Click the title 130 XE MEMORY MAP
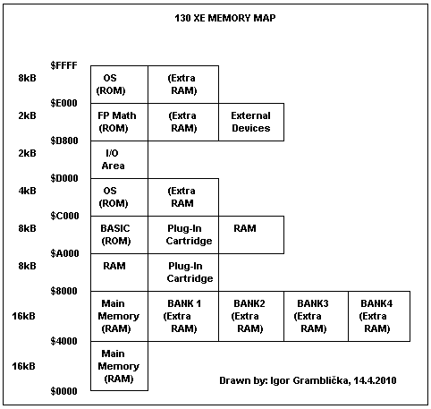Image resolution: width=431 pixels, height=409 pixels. [225, 18]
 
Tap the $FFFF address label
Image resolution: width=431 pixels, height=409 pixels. [63, 65]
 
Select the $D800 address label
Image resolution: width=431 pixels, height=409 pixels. [64, 141]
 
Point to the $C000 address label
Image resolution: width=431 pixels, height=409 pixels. [64, 216]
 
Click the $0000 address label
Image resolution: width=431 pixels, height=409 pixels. [63, 391]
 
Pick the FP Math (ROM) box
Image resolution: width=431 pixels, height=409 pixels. [119, 123]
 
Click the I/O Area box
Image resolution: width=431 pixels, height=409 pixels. [119, 160]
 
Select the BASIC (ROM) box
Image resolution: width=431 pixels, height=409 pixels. [119, 235]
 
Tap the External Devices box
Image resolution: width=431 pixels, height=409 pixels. [251, 123]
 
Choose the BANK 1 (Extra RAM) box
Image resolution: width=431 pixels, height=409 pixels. [183, 316]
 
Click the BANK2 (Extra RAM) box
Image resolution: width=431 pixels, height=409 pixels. [251, 316]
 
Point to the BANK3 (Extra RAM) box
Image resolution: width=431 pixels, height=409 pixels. [316, 316]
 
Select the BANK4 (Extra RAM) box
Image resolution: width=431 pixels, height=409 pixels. [379, 316]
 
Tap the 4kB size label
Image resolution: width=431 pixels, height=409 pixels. [27, 191]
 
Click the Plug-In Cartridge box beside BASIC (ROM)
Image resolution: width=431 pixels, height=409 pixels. [183, 235]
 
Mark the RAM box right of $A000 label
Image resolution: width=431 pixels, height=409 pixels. [119, 273]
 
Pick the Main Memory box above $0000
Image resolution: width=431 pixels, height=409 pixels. [119, 366]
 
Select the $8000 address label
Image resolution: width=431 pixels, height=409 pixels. [63, 291]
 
